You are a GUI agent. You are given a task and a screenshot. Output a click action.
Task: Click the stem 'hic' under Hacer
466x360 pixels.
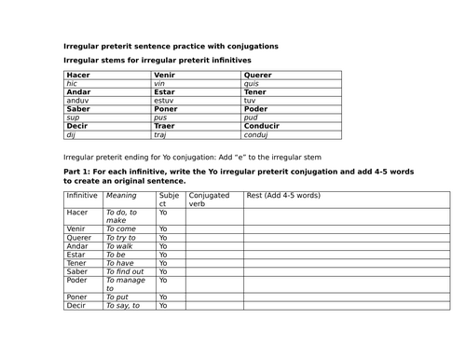(72, 83)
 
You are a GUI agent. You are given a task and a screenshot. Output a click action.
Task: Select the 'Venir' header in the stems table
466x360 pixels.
(165, 75)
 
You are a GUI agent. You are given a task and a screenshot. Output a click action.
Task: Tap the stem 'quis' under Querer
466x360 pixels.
(253, 83)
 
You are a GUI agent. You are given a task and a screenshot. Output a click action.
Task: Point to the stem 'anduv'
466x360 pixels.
(78, 100)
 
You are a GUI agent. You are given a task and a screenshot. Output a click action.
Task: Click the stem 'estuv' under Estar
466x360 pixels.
(165, 100)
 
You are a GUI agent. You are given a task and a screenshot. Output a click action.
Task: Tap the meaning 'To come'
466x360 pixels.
(121, 228)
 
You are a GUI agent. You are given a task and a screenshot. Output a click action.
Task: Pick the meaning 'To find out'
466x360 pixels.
(125, 270)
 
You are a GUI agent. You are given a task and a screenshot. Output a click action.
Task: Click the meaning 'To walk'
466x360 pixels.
(120, 245)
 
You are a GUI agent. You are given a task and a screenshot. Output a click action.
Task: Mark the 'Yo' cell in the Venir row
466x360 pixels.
(163, 228)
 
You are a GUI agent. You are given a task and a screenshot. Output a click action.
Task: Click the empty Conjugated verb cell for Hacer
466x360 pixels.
(214, 216)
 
